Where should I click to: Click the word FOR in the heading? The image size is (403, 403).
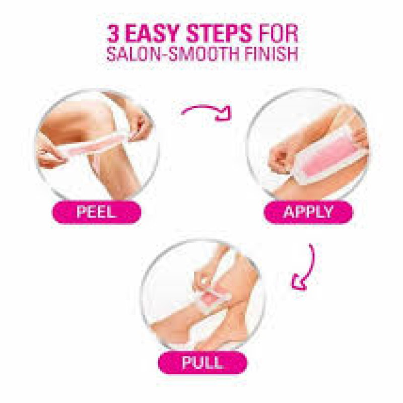tap(278, 33)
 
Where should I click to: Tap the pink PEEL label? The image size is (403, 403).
tap(97, 212)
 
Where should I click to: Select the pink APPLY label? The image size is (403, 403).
tap(308, 212)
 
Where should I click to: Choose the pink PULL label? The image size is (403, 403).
tap(203, 363)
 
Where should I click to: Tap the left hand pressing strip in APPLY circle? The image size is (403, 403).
tap(282, 158)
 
